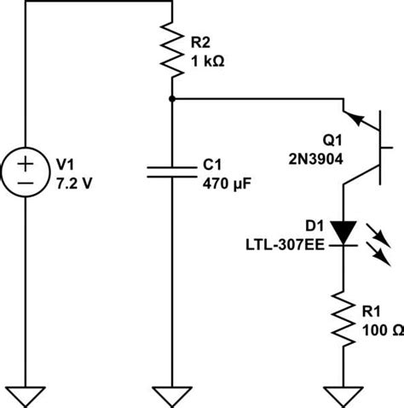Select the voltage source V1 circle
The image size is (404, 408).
click(x=26, y=171)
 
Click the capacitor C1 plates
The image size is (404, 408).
click(x=172, y=171)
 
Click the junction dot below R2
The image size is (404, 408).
click(x=172, y=99)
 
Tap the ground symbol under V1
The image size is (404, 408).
click(x=26, y=395)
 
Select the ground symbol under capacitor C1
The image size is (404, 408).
click(x=172, y=395)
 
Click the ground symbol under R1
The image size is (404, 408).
click(x=343, y=395)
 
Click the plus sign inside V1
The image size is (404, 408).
click(x=26, y=160)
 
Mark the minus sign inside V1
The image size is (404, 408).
click(x=26, y=181)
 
